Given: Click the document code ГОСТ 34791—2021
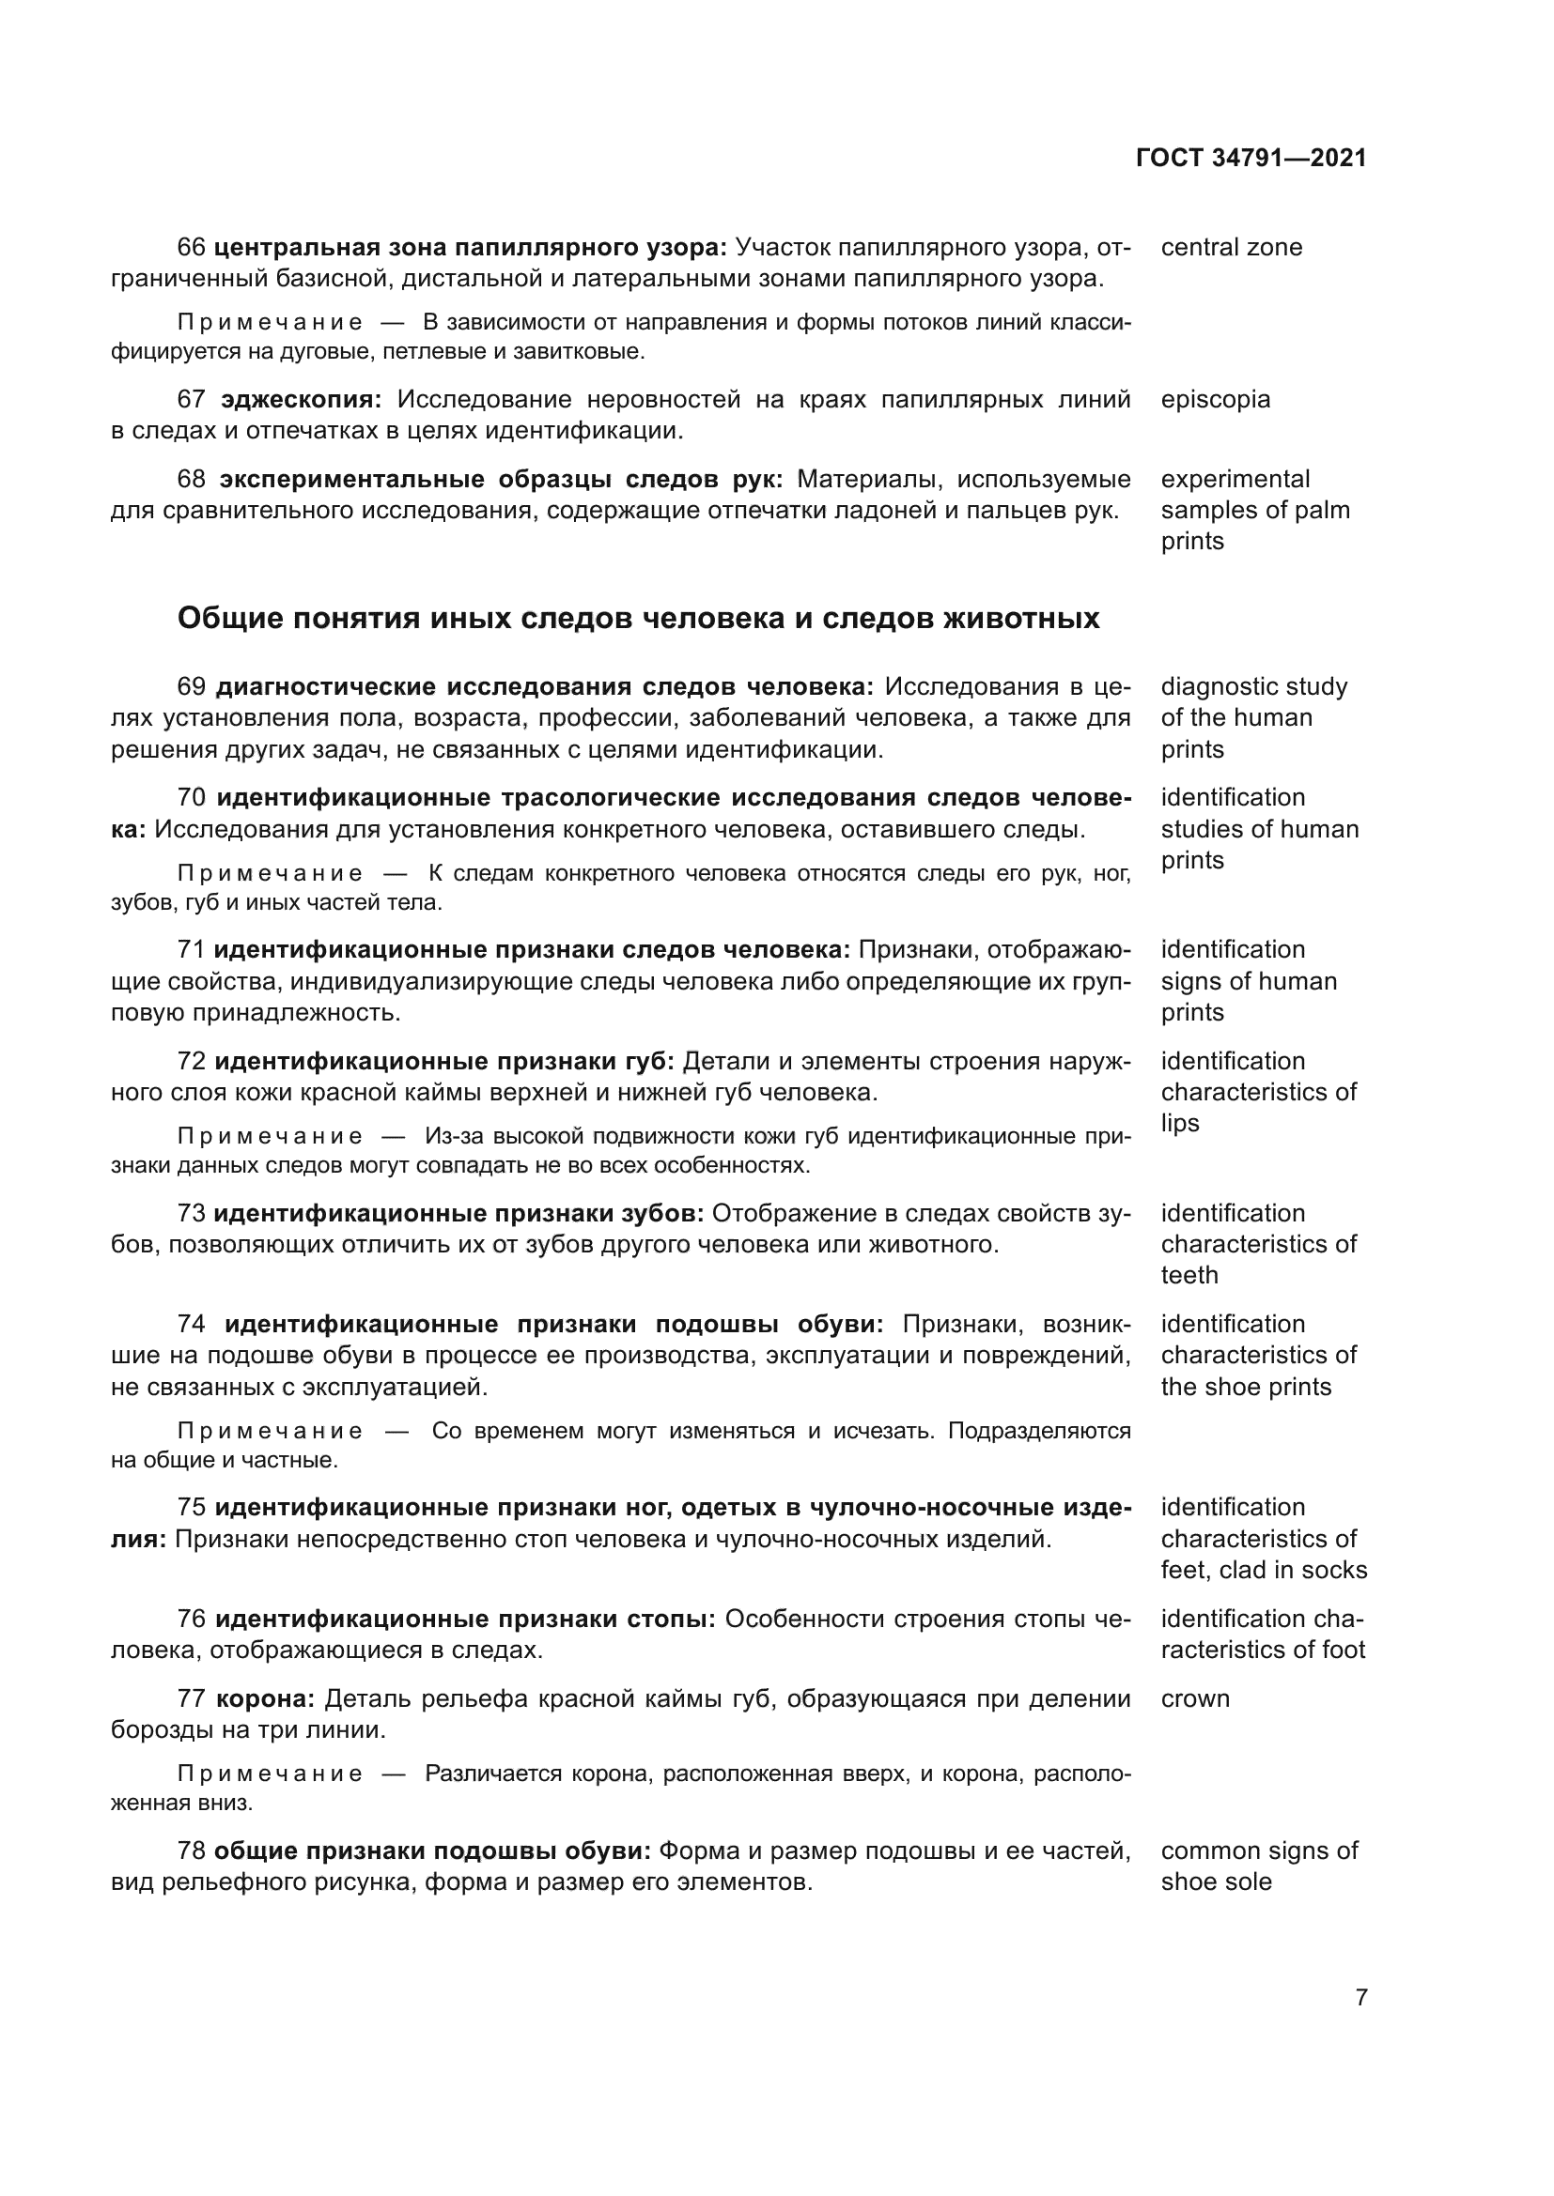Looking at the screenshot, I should click(1251, 158).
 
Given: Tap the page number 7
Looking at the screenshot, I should click(1361, 1997).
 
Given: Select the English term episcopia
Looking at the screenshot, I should click(1215, 399).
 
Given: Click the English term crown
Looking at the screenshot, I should click(1195, 1698).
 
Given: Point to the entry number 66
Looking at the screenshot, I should click(192, 247).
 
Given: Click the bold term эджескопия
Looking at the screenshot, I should click(302, 399).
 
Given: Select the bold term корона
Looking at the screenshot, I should click(265, 1698).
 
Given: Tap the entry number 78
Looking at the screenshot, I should click(192, 1850).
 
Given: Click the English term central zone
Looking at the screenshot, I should click(1232, 247).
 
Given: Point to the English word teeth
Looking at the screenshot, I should click(1189, 1275).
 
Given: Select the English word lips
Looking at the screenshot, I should click(1179, 1123).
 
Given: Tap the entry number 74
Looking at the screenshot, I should click(192, 1324).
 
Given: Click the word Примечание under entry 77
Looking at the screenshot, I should click(271, 1774).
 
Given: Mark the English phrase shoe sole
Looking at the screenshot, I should click(1216, 1881).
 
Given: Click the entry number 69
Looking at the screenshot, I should click(192, 686).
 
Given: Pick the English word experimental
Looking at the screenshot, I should click(1235, 478).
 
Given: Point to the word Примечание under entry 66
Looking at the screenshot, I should click(271, 322).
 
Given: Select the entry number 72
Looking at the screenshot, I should click(192, 1061).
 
